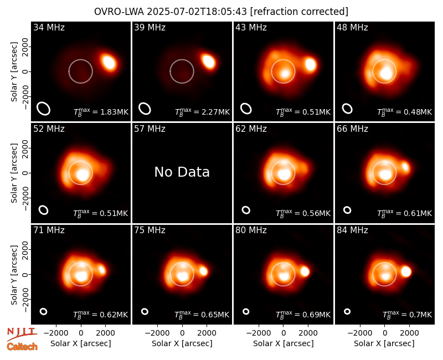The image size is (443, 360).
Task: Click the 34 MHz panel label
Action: [x=49, y=27]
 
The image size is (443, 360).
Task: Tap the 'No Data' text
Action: [x=182, y=172]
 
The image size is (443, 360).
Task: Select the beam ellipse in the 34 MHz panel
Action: [x=44, y=109]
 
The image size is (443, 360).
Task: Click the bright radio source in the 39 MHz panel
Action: [x=208, y=61]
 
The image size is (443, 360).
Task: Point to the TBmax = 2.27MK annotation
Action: [x=202, y=112]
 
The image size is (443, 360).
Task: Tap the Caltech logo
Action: [x=22, y=347]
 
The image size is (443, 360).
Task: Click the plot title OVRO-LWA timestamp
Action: [x=221, y=12]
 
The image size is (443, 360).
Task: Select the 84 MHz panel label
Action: [x=352, y=230]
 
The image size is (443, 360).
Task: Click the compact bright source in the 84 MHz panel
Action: [x=406, y=271]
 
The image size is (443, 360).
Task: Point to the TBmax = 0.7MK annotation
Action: [x=407, y=315]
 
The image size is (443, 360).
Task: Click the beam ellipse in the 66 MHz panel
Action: [x=347, y=210]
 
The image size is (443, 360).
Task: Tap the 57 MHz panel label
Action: [x=150, y=129]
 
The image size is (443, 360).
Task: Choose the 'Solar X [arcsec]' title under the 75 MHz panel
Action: [x=182, y=343]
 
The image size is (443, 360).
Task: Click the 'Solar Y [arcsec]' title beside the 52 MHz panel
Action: [x=14, y=173]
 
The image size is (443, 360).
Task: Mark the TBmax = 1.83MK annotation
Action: [x=101, y=112]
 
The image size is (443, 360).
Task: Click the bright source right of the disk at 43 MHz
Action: [x=311, y=64]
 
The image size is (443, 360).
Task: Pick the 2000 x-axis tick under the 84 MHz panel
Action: [x=409, y=333]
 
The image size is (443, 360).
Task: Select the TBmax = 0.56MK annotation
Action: [x=303, y=213]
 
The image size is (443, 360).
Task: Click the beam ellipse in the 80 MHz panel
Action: [x=246, y=311]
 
